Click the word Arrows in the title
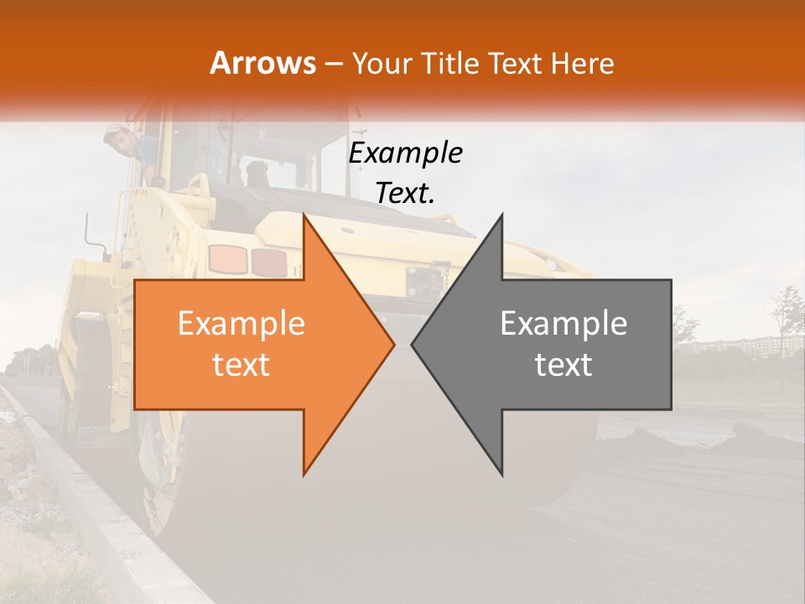(262, 63)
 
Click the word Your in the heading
(382, 64)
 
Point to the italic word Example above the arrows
(405, 154)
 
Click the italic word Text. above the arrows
(405, 194)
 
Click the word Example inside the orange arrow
(241, 324)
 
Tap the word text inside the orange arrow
(241, 364)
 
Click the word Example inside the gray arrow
(563, 324)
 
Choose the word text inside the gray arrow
(563, 364)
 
